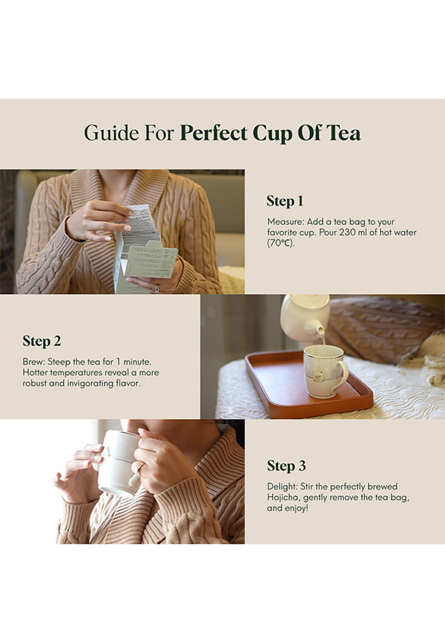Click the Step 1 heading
click(285, 201)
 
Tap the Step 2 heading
click(42, 341)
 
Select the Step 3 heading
click(286, 466)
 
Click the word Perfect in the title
click(214, 133)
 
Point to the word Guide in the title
click(111, 133)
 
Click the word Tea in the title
click(343, 133)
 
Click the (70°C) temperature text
click(280, 244)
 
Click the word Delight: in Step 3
click(283, 487)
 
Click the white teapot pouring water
click(306, 316)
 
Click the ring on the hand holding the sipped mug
click(140, 467)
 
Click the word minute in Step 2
click(137, 362)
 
